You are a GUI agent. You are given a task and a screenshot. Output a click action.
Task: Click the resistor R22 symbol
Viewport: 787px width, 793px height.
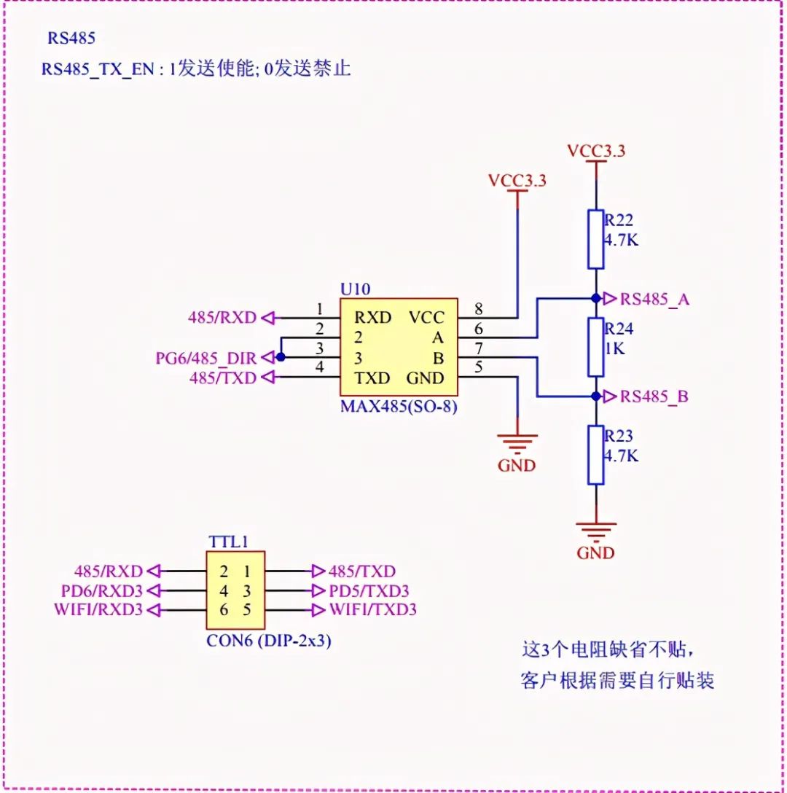click(596, 240)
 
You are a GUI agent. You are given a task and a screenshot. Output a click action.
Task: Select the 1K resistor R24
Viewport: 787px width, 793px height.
click(596, 347)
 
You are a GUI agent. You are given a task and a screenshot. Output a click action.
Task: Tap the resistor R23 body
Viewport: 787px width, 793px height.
click(596, 456)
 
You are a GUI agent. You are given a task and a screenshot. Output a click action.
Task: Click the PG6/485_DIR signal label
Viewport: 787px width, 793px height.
click(206, 358)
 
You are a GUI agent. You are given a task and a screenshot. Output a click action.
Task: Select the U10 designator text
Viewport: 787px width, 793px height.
click(355, 289)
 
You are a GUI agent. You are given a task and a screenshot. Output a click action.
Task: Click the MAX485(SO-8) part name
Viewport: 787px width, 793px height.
click(399, 407)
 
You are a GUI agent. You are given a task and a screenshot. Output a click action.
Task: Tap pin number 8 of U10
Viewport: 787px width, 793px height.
click(479, 308)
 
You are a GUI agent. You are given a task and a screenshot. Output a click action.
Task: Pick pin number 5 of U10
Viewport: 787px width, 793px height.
click(479, 367)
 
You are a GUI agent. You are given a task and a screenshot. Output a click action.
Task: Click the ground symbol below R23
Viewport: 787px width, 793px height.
click(596, 529)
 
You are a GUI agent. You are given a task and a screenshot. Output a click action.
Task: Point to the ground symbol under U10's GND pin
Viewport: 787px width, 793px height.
click(517, 442)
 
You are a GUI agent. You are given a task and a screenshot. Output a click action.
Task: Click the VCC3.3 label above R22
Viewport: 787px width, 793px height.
click(596, 152)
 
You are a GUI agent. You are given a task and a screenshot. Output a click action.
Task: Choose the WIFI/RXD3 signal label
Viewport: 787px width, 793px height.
click(98, 609)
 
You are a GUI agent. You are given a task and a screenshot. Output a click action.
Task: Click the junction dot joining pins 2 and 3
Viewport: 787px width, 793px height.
click(281, 357)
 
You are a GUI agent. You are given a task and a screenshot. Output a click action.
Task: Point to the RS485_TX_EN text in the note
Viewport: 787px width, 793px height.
click(98, 69)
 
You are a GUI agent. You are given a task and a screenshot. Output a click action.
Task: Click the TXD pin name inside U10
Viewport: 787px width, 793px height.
click(372, 378)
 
